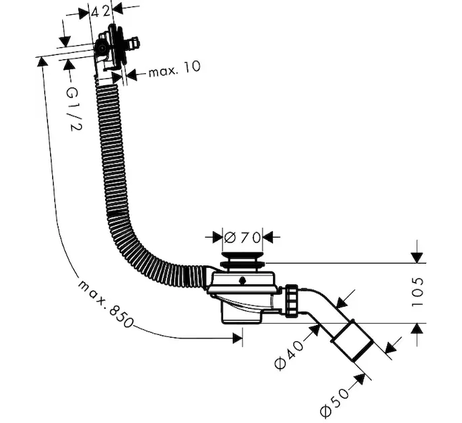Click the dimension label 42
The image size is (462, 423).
pyautogui.click(x=102, y=10)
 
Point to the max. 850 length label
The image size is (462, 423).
pyautogui.click(x=106, y=302)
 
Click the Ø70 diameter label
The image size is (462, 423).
pyautogui.click(x=242, y=236)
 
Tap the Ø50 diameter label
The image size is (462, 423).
pyautogui.click(x=335, y=399)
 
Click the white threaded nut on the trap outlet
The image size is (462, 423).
pyautogui.click(x=291, y=301)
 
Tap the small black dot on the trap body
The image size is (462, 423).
pyautogui.click(x=243, y=281)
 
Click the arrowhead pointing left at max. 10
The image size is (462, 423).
pyautogui.click(x=130, y=73)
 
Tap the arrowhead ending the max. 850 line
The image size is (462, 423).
pyautogui.click(x=238, y=338)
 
